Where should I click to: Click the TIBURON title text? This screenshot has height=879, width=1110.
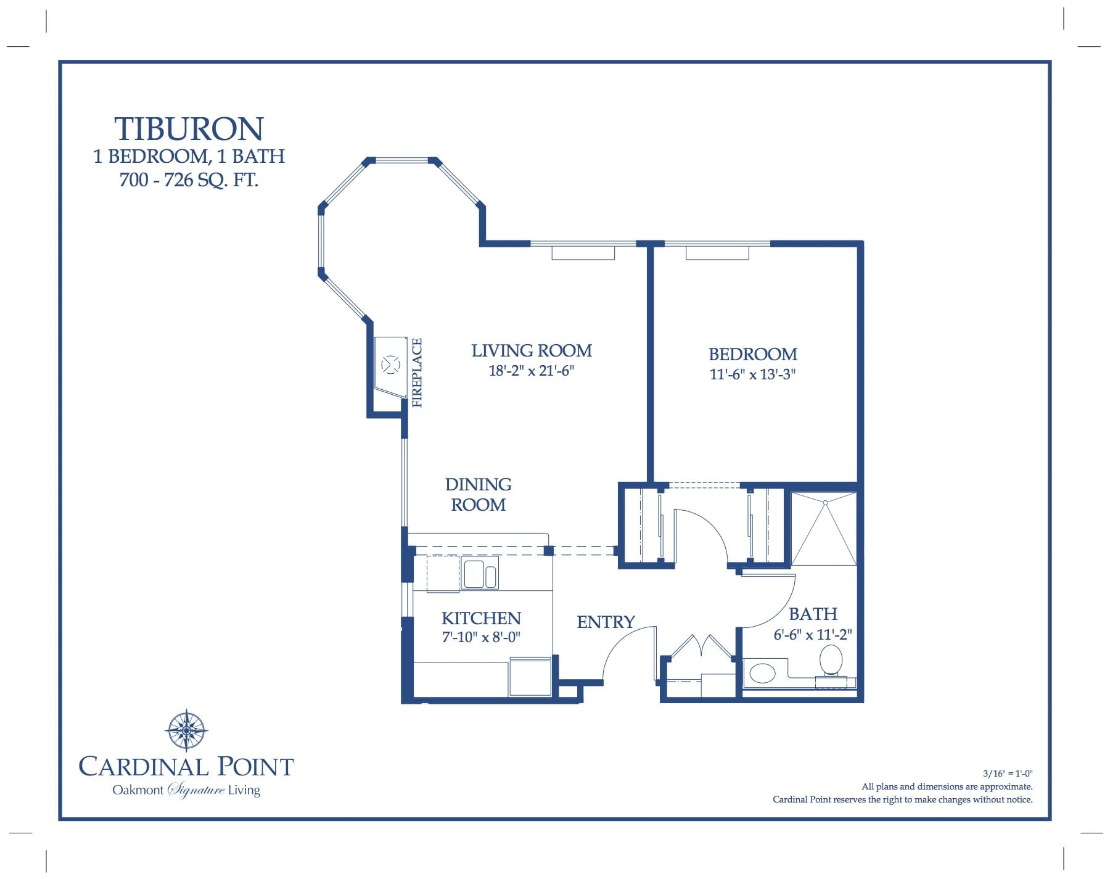[189, 130]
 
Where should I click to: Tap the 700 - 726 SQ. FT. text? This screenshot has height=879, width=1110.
[189, 180]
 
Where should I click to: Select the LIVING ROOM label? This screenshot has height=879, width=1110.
[532, 351]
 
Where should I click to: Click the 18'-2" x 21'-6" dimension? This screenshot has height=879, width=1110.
[532, 371]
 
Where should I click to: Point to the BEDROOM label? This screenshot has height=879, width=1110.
[752, 355]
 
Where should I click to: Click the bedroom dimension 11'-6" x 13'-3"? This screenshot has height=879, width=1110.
[752, 374]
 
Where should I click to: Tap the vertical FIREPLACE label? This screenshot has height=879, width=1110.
[417, 373]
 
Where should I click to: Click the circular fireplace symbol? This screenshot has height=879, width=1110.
[390, 365]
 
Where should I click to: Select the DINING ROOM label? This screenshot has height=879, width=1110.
[479, 495]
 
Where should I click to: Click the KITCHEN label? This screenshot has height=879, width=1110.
[481, 618]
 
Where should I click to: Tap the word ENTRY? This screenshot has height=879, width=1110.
[606, 622]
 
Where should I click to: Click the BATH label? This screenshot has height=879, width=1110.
[813, 614]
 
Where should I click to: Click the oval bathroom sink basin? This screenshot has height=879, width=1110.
[762, 673]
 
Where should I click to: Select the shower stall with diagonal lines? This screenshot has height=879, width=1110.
[823, 529]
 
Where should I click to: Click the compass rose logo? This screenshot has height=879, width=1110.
[186, 730]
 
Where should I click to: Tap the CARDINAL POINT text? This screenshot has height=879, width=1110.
[186, 767]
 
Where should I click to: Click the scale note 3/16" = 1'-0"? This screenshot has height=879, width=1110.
[1007, 774]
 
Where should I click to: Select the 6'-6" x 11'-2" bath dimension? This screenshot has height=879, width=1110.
[813, 635]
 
